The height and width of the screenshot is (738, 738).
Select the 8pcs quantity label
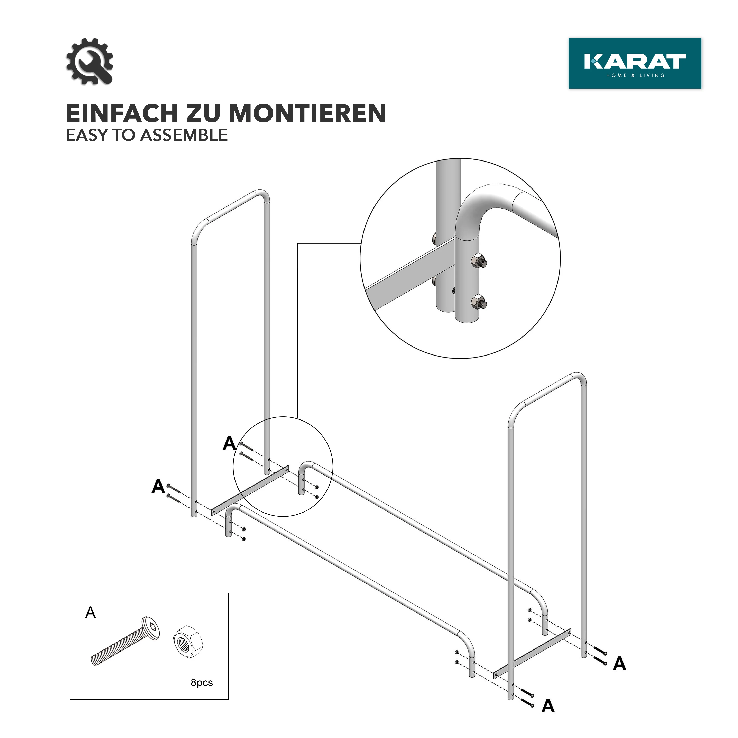(202, 682)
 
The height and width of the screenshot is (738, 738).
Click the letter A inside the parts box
(91, 613)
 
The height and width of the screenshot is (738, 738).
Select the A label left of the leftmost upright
(158, 486)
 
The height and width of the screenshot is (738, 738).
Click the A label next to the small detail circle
(229, 443)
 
